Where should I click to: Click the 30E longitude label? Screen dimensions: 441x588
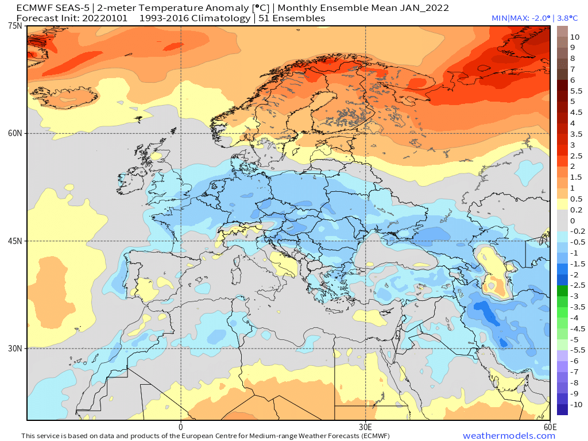366,427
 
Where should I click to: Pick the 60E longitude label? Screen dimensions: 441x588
550,427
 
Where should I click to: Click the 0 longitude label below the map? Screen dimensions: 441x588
181,427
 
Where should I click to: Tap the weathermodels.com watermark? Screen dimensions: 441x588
509,436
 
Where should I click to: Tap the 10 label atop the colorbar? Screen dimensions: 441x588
575,37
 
